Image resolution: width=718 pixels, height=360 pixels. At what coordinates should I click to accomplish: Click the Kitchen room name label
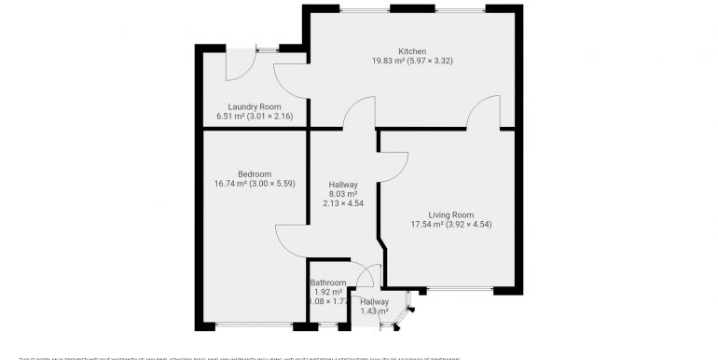pos(412,51)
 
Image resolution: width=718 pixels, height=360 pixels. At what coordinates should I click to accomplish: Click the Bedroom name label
pos(254,173)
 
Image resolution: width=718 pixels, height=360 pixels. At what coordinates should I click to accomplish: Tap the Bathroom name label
pos(328,283)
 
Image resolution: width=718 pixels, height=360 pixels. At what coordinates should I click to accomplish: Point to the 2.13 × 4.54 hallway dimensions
pos(343,203)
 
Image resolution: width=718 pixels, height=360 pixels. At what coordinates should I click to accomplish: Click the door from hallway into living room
pos(394,162)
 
